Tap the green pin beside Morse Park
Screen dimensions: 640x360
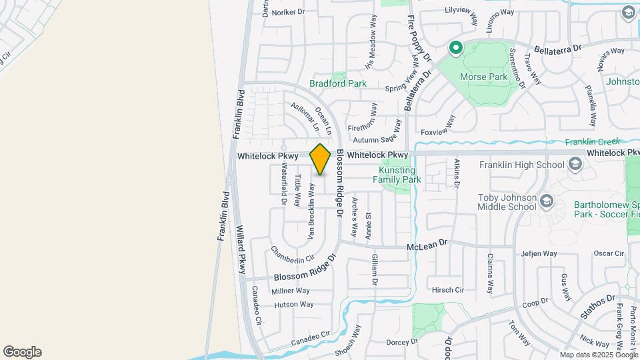tap(456, 48)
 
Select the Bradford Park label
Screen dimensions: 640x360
tap(338, 84)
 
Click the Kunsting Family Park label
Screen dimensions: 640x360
tap(397, 175)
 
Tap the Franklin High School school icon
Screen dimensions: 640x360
tap(575, 165)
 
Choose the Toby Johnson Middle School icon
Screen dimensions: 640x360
tap(547, 201)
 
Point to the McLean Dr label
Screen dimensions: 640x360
tap(427, 247)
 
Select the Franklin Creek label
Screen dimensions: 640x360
tap(593, 141)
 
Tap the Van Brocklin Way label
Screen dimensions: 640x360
tap(311, 211)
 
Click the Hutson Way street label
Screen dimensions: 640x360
tap(293, 305)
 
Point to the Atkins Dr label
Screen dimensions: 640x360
tap(457, 173)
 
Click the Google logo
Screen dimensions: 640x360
tap(22, 352)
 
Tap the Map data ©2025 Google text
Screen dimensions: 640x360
tap(598, 355)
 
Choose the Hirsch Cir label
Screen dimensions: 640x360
tap(448, 290)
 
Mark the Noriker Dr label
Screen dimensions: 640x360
tap(283, 12)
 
